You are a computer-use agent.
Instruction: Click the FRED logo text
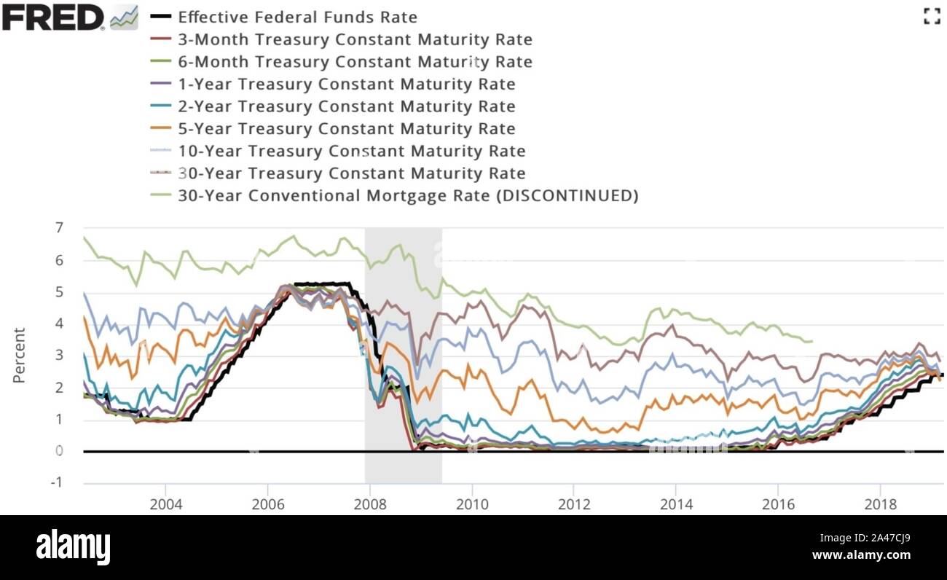pyautogui.click(x=53, y=17)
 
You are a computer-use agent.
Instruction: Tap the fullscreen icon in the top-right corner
pyautogui.click(x=931, y=17)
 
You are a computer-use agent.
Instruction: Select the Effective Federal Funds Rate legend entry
pyautogui.click(x=297, y=17)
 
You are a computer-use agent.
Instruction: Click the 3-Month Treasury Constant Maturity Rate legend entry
pyautogui.click(x=355, y=39)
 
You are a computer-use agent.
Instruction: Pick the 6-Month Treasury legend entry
pyautogui.click(x=355, y=62)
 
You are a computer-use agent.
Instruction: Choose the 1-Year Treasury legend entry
pyautogui.click(x=346, y=85)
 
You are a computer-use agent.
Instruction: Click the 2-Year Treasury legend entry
pyautogui.click(x=346, y=106)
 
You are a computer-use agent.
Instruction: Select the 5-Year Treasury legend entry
pyautogui.click(x=346, y=129)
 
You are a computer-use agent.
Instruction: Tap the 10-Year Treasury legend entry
pyautogui.click(x=351, y=152)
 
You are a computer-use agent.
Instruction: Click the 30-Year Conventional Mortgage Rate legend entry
pyautogui.click(x=408, y=196)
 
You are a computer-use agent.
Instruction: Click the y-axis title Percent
pyautogui.click(x=19, y=356)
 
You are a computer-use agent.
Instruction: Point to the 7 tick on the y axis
pyautogui.click(x=59, y=228)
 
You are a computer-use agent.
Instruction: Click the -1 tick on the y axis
pyautogui.click(x=55, y=482)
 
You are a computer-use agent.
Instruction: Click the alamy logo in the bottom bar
pyautogui.click(x=74, y=546)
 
